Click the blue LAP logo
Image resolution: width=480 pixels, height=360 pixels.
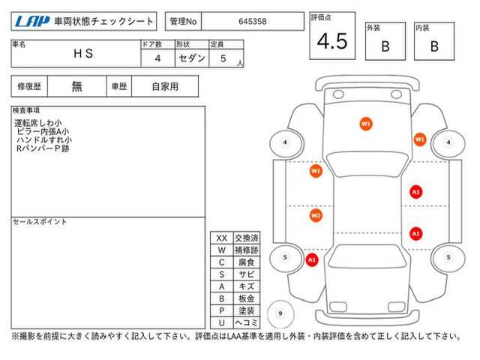32,21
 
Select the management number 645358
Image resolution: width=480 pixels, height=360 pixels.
253,22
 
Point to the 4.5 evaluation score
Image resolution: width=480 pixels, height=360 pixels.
332,41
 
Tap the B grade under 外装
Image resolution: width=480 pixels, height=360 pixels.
385,46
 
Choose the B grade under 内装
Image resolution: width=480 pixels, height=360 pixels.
434,46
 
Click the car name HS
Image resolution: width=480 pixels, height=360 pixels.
83,53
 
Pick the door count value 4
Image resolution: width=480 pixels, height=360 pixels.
157,58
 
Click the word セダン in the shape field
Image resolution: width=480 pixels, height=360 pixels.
192,58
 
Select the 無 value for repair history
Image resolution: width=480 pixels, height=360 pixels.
76,86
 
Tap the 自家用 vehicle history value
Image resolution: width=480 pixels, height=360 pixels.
165,87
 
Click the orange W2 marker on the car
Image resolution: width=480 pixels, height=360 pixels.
316,215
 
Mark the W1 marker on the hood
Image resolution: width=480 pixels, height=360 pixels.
365,124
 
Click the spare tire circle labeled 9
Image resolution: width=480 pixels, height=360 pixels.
280,313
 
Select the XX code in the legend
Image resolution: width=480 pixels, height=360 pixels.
222,238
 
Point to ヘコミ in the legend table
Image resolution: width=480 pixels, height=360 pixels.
247,322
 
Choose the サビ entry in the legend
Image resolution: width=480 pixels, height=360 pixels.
247,274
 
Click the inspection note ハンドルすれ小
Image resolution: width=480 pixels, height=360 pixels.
44,140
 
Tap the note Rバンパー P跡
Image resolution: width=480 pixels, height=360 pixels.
43,148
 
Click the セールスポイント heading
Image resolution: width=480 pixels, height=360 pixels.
40,222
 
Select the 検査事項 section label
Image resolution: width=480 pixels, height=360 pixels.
26,110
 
